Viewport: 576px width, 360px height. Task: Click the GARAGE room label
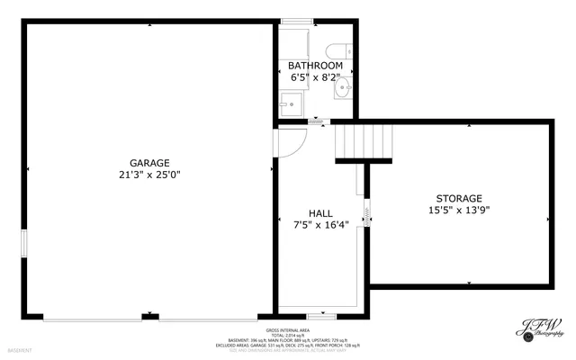(149, 163)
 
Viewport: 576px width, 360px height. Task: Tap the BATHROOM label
(315, 66)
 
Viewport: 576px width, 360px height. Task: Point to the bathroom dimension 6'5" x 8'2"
(315, 77)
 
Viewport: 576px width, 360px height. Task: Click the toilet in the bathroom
(339, 50)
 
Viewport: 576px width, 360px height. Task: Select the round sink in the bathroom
(343, 90)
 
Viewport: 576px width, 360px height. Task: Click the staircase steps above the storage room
(364, 141)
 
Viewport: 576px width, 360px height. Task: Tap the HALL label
(320, 213)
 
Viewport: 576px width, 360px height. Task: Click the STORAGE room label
(459, 198)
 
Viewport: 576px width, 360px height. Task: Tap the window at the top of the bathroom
(295, 21)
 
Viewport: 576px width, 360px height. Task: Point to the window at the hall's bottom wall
(321, 316)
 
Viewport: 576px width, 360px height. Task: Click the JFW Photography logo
(538, 330)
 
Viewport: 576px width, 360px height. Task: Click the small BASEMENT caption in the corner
(20, 349)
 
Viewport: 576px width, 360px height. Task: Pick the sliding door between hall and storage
(367, 212)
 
